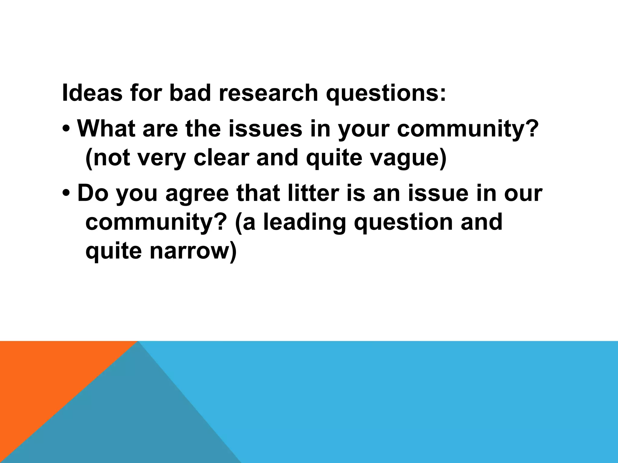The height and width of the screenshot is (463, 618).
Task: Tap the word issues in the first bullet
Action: point(265,128)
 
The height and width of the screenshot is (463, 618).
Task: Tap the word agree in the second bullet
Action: point(197,195)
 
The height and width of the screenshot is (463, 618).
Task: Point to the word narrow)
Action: point(193,251)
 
